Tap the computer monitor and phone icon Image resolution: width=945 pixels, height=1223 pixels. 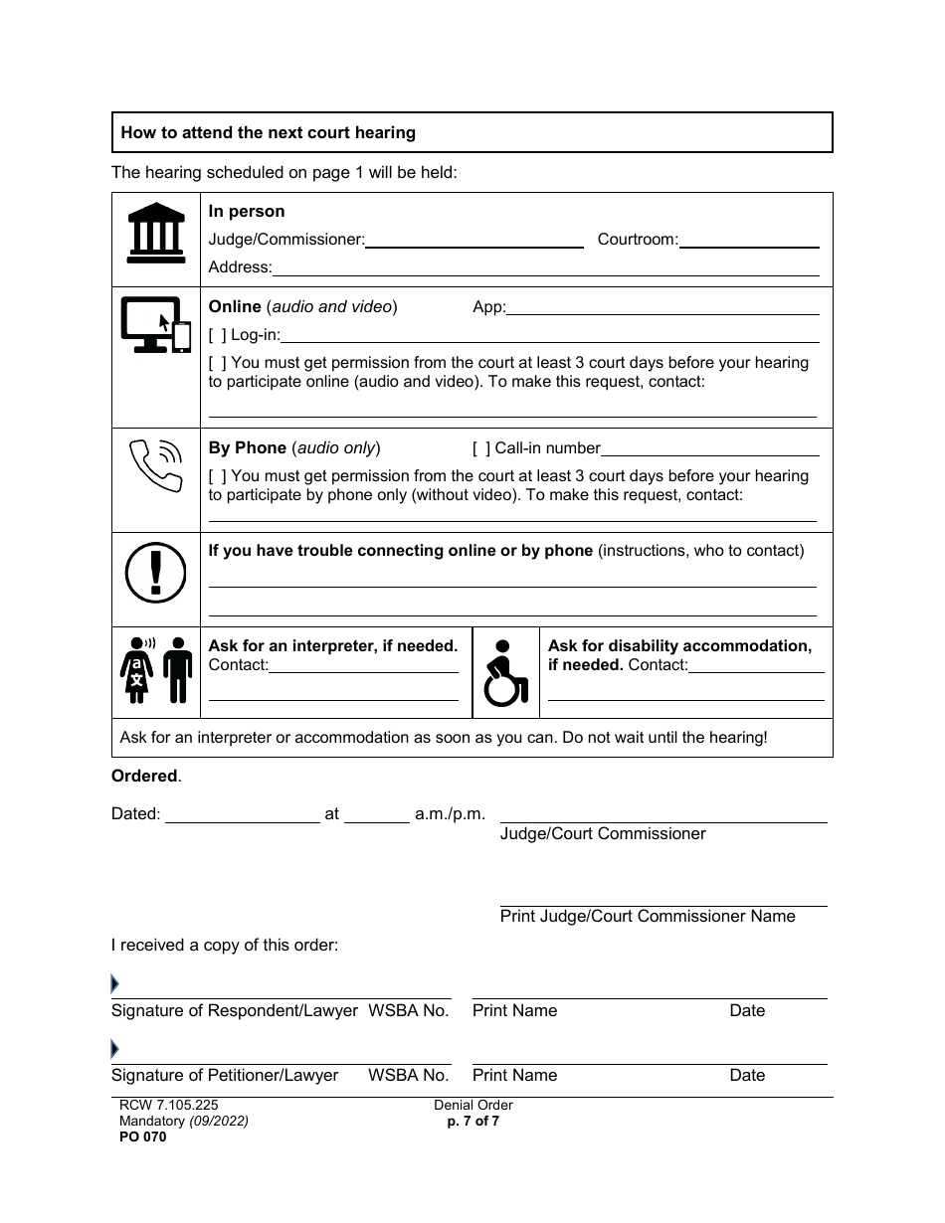[155, 324]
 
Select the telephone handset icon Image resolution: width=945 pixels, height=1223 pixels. [156, 464]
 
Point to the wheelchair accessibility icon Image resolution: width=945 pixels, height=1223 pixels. [504, 673]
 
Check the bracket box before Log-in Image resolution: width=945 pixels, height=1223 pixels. [217, 335]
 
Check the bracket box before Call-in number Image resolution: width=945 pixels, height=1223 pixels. [481, 448]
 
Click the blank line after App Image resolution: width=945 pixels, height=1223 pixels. [663, 307]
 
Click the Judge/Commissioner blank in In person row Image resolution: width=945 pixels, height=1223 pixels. [474, 240]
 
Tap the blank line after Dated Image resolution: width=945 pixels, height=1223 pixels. [242, 815]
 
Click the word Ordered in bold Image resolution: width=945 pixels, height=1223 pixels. [144, 777]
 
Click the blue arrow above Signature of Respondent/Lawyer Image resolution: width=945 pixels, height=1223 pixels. [115, 984]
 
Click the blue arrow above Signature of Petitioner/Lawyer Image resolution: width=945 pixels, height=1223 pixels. [115, 1049]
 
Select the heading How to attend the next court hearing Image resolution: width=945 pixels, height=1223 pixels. [269, 132]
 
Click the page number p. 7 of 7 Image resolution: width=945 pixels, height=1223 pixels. [473, 1121]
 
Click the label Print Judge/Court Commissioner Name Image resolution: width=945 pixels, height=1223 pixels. [648, 916]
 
